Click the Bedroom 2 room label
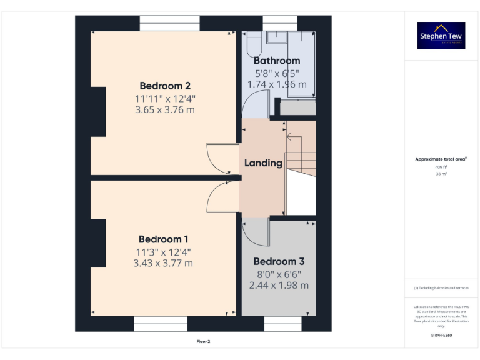pos(165,86)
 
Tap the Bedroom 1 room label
pos(164,239)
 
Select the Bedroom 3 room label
pos(279,262)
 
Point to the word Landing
pos(263,163)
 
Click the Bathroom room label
pos(277,61)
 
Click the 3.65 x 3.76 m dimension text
pos(165,109)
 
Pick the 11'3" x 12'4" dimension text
pos(164,252)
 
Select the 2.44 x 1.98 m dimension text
pos(279,285)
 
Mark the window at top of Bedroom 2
pos(165,23)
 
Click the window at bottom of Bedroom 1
pos(161,324)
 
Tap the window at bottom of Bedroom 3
pos(282,324)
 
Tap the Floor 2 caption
pos(204,342)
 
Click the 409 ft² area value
pos(441,167)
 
